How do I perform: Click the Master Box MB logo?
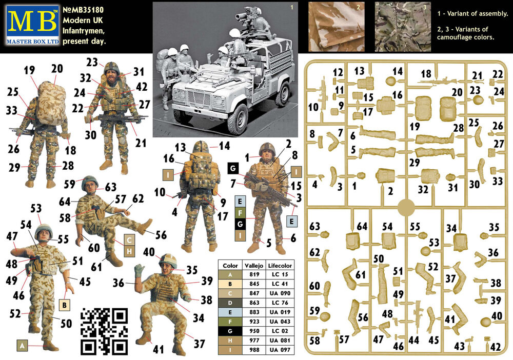tap(33, 25)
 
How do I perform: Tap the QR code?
tap(104, 331)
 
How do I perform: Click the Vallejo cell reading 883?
tap(254, 312)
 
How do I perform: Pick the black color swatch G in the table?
tap(230, 331)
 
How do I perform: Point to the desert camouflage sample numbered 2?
tap(337, 27)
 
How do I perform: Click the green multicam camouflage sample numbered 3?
tap(403, 27)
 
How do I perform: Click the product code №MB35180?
tap(83, 10)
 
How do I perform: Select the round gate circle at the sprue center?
tap(406, 207)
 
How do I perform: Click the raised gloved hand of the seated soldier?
tap(139, 270)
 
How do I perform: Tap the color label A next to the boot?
tap(22, 345)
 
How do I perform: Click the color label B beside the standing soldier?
tap(65, 305)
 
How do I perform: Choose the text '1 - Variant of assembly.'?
tap(472, 14)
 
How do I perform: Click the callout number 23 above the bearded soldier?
tap(92, 62)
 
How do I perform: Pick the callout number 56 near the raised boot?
tap(161, 235)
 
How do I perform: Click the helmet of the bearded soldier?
tap(112, 67)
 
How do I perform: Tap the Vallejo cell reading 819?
tap(254, 274)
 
